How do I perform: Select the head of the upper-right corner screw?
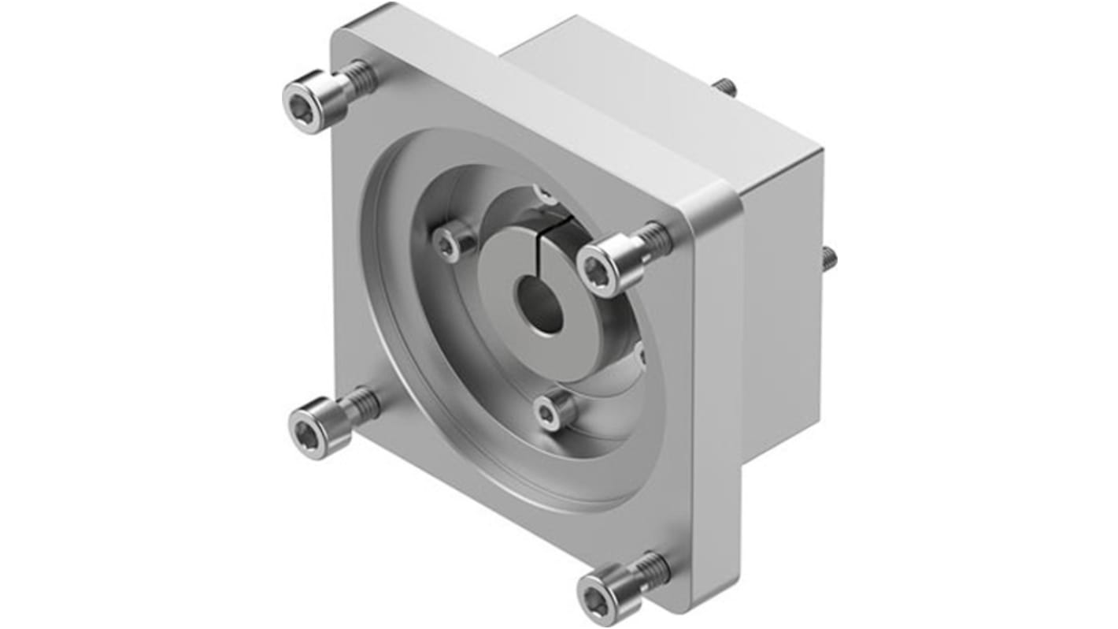tap(605, 266)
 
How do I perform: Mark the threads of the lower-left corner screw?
tap(362, 403)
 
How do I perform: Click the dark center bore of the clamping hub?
tap(539, 304)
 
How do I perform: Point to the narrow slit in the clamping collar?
tap(570, 236)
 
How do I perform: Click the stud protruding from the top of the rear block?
tap(726, 87)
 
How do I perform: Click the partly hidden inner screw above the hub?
tap(544, 192)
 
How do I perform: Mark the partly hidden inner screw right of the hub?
tap(639, 353)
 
